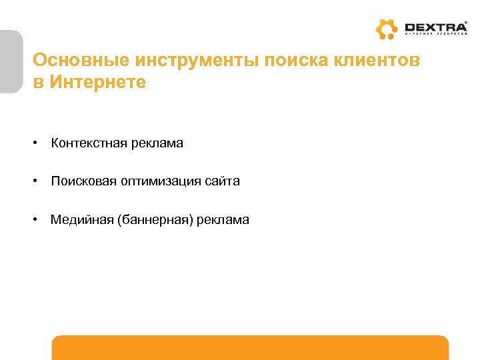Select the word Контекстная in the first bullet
coord(83,143)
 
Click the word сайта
coord(223,181)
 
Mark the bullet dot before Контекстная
coord(39,144)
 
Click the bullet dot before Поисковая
coord(39,182)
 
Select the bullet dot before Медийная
coord(39,220)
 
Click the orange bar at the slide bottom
coord(250,347)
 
